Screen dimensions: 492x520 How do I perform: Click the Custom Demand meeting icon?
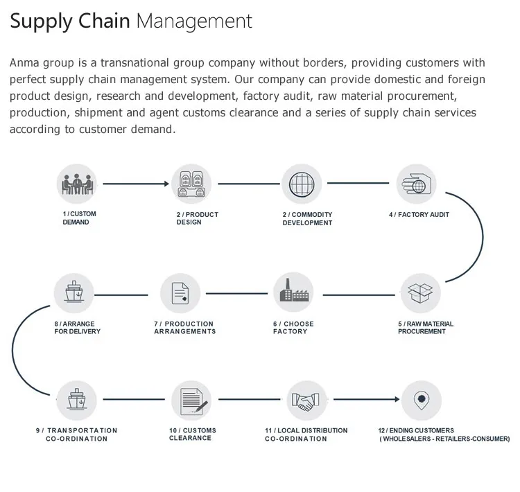click(x=76, y=184)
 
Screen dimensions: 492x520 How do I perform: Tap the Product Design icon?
click(x=191, y=184)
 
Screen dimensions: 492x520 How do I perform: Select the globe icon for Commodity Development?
click(x=302, y=184)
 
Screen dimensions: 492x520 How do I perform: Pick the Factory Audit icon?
click(x=417, y=184)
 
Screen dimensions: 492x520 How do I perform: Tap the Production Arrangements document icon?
click(x=180, y=293)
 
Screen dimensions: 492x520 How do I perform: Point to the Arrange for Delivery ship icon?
click(x=75, y=293)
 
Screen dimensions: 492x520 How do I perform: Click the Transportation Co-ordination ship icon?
click(x=76, y=400)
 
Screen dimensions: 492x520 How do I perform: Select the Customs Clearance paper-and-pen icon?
click(x=191, y=400)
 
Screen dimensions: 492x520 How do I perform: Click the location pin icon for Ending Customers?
click(x=421, y=400)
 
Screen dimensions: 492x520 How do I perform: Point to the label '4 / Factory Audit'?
click(x=419, y=215)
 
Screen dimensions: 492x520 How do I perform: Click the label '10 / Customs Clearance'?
click(x=193, y=434)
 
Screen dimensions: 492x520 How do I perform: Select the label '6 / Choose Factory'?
click(x=293, y=328)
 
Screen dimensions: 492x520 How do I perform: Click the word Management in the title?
click(x=194, y=21)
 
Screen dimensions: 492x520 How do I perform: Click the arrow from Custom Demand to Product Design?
click(x=135, y=184)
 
